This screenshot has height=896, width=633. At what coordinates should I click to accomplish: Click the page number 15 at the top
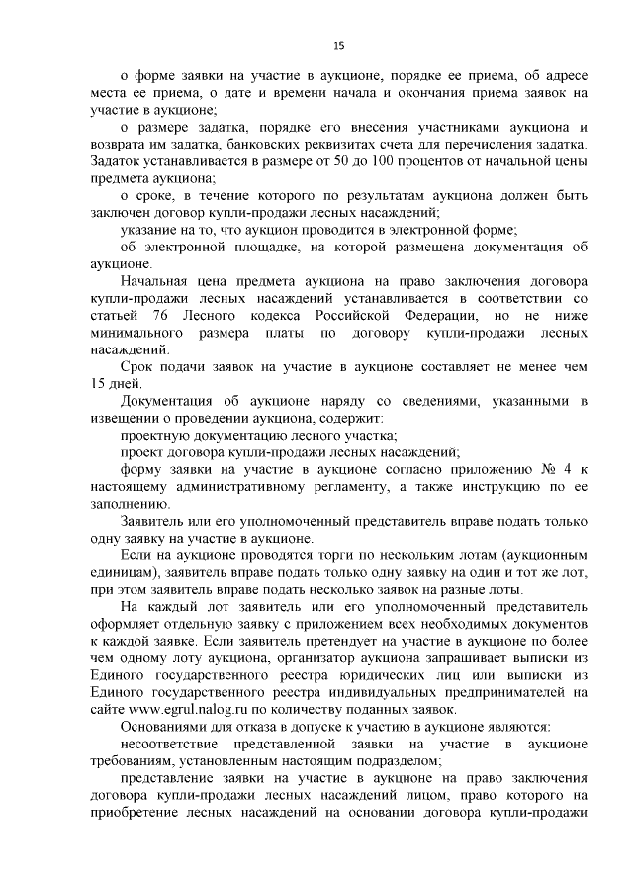coord(338,45)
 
